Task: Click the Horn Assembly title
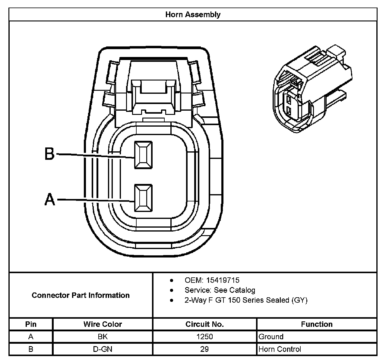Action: (x=193, y=14)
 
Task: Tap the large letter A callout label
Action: (x=50, y=199)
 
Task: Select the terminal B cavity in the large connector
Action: (x=143, y=155)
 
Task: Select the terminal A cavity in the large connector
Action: (x=144, y=198)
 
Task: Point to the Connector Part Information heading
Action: (x=81, y=295)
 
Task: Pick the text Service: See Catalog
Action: (x=220, y=290)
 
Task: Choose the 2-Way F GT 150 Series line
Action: (x=246, y=300)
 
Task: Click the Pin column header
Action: (x=31, y=324)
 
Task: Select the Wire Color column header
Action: (x=103, y=324)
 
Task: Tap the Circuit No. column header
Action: (x=204, y=324)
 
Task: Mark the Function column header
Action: (x=317, y=324)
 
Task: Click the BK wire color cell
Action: (x=103, y=336)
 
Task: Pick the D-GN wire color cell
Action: (x=103, y=349)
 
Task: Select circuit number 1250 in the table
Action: (x=204, y=336)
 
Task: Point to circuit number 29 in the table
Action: (x=204, y=349)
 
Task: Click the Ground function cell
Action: (x=271, y=336)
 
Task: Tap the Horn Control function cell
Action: (x=280, y=349)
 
